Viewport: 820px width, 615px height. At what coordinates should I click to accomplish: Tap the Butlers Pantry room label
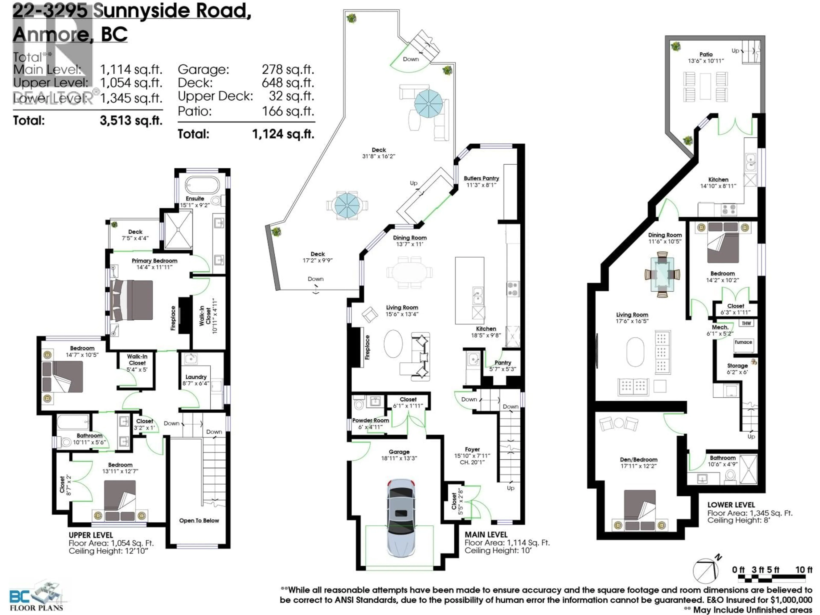[x=481, y=178]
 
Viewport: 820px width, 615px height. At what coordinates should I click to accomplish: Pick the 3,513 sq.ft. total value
[x=131, y=120]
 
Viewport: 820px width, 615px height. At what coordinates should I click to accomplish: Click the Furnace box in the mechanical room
[x=743, y=342]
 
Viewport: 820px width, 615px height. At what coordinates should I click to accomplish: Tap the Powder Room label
[x=370, y=420]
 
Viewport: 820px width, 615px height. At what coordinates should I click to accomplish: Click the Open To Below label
[x=199, y=520]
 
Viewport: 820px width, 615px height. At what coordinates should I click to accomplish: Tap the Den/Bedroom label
[x=639, y=460]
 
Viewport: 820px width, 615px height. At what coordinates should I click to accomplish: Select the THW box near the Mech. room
[x=746, y=323]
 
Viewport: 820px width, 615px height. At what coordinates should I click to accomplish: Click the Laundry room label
[x=196, y=377]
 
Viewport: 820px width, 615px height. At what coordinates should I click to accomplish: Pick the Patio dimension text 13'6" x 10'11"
[x=706, y=61]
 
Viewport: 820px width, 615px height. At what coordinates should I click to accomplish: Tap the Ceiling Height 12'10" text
[x=108, y=551]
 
